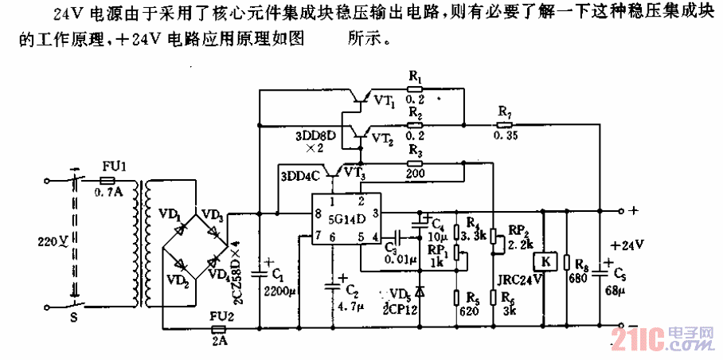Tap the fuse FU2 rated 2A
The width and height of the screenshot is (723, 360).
click(217, 326)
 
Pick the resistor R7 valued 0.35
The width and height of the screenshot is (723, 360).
click(503, 124)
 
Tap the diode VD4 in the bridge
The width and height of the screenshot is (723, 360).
click(210, 264)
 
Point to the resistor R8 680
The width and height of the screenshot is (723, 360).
click(566, 263)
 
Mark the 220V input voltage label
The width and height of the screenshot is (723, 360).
click(50, 241)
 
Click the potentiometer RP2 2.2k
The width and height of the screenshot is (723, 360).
click(493, 237)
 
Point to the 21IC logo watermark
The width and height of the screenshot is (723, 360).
click(660, 339)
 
